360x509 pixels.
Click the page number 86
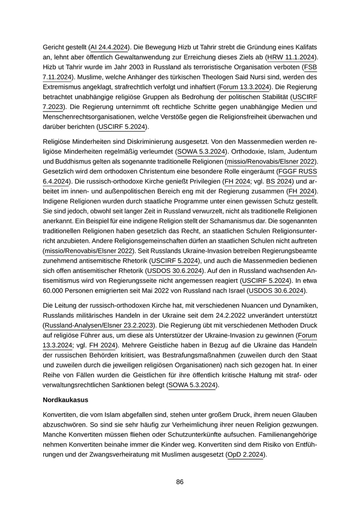click(180, 482)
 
